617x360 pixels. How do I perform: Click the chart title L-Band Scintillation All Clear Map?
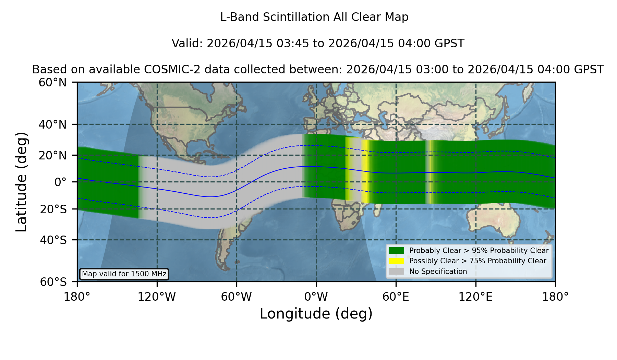pyautogui.click(x=314, y=17)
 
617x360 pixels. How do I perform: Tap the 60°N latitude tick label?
pyautogui.click(x=53, y=83)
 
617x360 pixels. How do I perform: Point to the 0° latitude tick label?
pyautogui.click(x=60, y=182)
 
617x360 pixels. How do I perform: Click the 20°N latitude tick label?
pyautogui.click(x=53, y=155)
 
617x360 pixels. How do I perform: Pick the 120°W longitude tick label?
pyautogui.click(x=157, y=297)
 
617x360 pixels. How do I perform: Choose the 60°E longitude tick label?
pyautogui.click(x=396, y=297)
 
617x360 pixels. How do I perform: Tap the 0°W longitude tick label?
pyautogui.click(x=316, y=297)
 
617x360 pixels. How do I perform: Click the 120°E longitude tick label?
pyautogui.click(x=475, y=297)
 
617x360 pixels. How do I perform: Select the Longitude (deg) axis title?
pyautogui.click(x=316, y=314)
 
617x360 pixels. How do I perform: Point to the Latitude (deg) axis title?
pyautogui.click(x=22, y=182)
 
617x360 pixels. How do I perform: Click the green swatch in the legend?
pyautogui.click(x=396, y=250)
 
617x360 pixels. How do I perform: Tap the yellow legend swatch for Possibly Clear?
pyautogui.click(x=396, y=261)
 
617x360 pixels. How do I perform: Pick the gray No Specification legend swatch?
pyautogui.click(x=396, y=272)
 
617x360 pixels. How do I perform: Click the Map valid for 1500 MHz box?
pyautogui.click(x=124, y=274)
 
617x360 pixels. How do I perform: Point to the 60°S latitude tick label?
pyautogui.click(x=53, y=282)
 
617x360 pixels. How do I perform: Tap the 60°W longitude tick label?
pyautogui.click(x=237, y=297)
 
